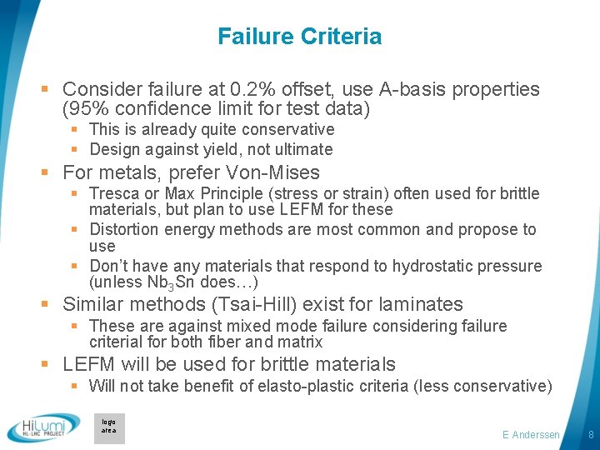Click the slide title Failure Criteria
coord(299,37)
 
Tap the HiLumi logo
coord(43,428)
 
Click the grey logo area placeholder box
coord(109,427)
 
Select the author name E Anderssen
coord(532,435)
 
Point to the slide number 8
coord(590,435)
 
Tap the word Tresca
coord(114,193)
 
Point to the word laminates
coord(421,305)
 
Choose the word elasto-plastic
coord(327,385)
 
